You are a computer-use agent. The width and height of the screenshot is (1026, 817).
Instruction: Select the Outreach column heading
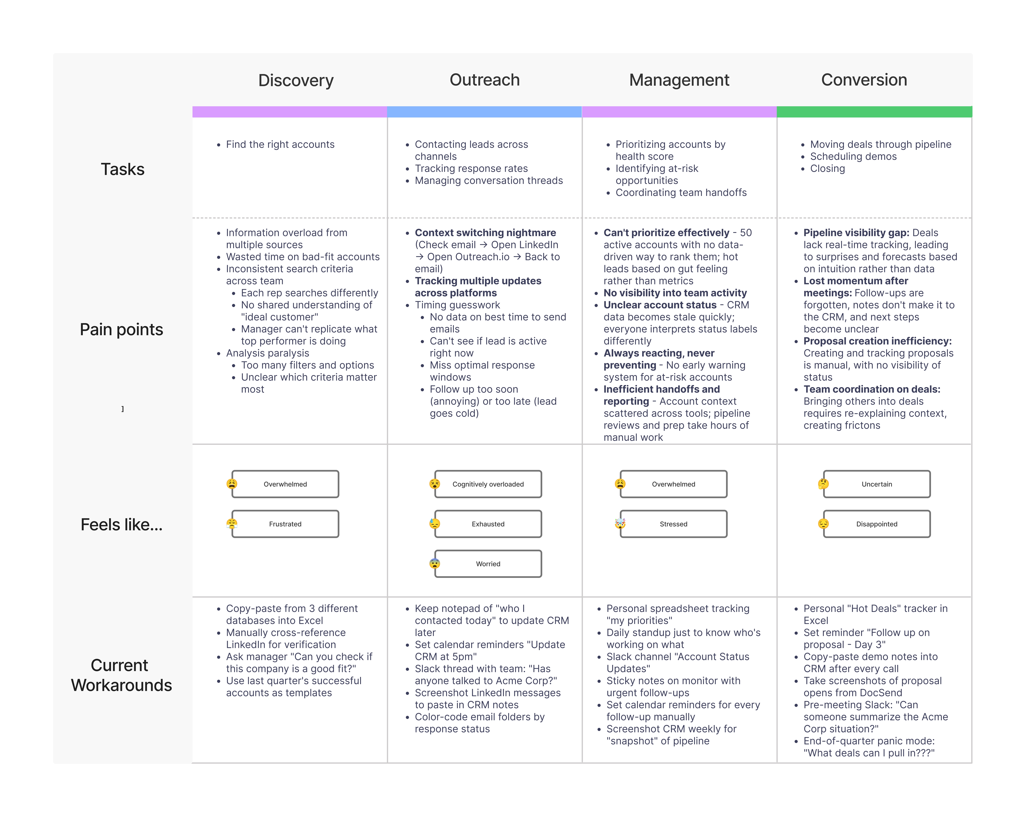pos(484,80)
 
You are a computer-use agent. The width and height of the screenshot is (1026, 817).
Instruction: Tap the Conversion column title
pos(864,80)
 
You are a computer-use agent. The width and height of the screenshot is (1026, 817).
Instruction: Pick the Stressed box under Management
pos(673,524)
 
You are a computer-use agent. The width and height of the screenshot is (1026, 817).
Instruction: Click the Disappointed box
pos(877,524)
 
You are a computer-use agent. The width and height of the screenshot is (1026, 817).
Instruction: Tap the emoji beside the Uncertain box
pos(823,484)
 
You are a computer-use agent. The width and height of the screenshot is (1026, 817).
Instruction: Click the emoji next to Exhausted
pos(434,524)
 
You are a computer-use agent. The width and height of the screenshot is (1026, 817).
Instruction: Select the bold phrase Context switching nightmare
pos(485,233)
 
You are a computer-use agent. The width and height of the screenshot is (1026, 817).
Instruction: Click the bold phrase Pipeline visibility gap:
pos(856,233)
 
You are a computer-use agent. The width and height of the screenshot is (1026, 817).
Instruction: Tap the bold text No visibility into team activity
pos(675,293)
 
